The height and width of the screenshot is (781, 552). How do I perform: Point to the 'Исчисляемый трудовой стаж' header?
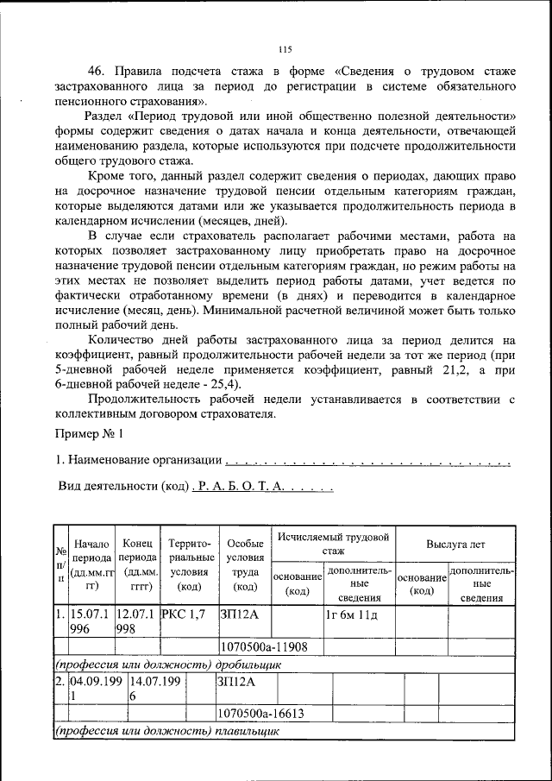click(333, 543)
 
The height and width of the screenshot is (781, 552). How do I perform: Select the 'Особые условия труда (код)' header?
click(246, 565)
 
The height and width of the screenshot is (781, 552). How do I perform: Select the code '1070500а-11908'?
click(265, 646)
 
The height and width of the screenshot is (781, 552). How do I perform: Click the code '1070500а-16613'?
click(265, 714)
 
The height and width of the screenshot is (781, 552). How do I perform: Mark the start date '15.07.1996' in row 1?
click(91, 621)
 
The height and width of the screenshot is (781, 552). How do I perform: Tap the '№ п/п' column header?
click(61, 565)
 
